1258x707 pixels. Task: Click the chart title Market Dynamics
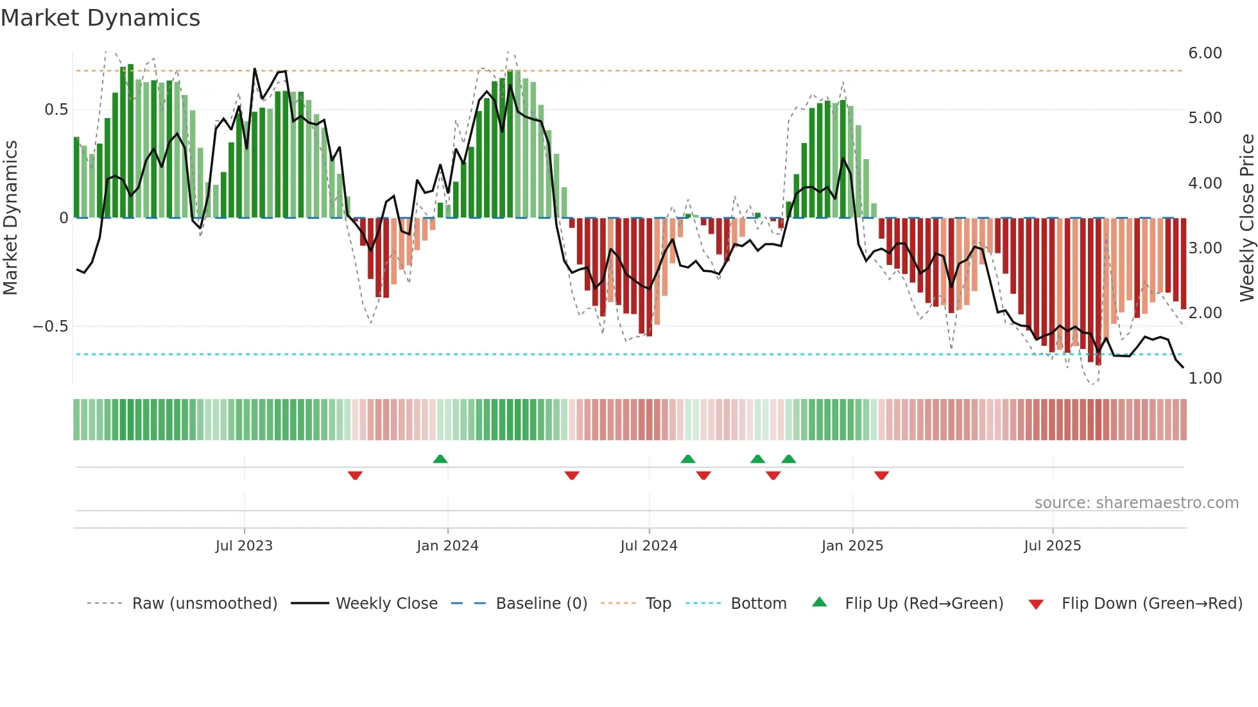pyautogui.click(x=100, y=18)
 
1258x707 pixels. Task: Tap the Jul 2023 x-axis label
pyautogui.click(x=244, y=546)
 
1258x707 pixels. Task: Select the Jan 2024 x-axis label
pyautogui.click(x=447, y=546)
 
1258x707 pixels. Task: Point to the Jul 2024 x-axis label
pyautogui.click(x=648, y=546)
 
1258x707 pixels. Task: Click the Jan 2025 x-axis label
pyautogui.click(x=852, y=546)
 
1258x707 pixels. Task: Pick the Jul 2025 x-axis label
pyautogui.click(x=1052, y=546)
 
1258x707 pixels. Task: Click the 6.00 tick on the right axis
pyautogui.click(x=1205, y=53)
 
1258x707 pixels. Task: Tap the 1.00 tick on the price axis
pyautogui.click(x=1205, y=379)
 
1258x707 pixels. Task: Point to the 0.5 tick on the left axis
pyautogui.click(x=56, y=110)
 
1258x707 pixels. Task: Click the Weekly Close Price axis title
pyautogui.click(x=1246, y=218)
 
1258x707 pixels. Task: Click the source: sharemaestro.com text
pyautogui.click(x=1136, y=503)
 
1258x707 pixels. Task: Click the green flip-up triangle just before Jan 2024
pyautogui.click(x=440, y=459)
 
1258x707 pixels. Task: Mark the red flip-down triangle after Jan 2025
pyautogui.click(x=881, y=475)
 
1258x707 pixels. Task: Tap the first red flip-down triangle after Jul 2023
pyautogui.click(x=355, y=475)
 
